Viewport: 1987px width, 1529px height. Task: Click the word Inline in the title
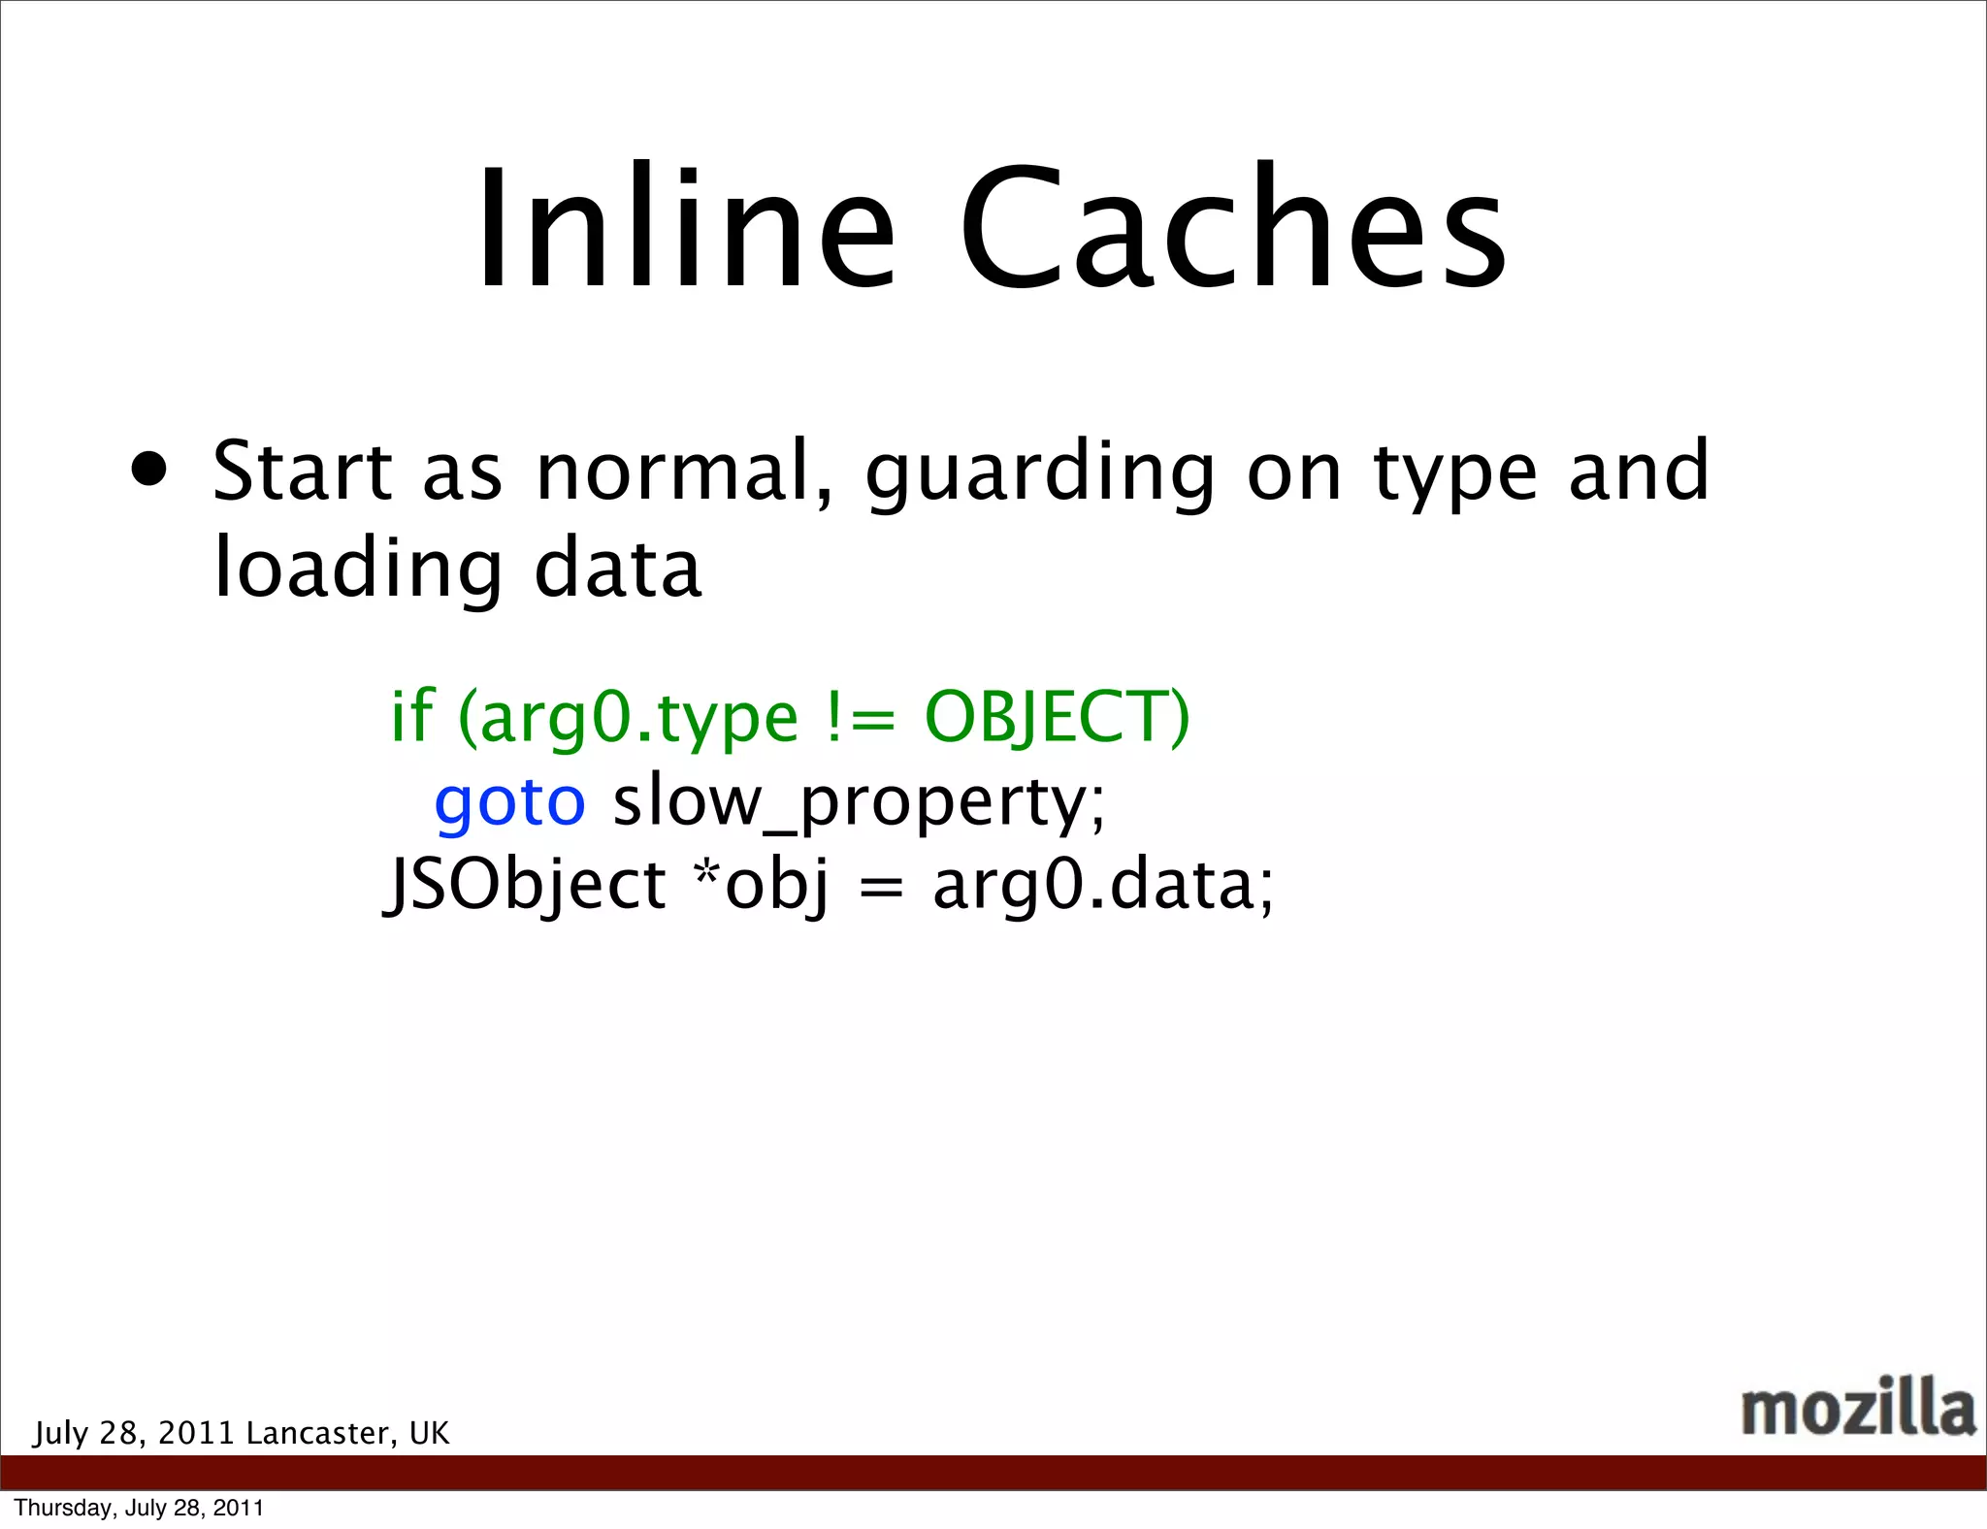685,230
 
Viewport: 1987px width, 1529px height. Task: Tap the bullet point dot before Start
149,471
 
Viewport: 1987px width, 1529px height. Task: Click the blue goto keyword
509,801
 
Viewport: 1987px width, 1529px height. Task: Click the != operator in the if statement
860,718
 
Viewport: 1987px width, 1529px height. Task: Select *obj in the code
763,886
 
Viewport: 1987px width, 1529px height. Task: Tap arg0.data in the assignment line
1100,886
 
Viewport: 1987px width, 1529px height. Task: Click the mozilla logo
1857,1408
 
